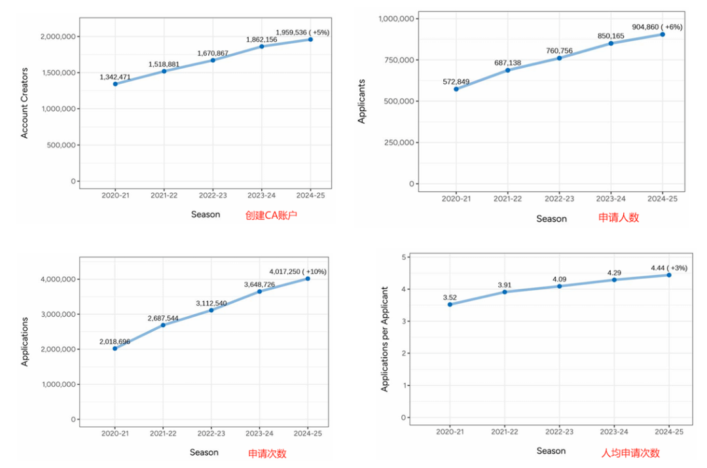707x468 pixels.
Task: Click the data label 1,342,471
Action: pyautogui.click(x=115, y=77)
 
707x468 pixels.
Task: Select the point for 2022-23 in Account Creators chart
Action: pyautogui.click(x=213, y=60)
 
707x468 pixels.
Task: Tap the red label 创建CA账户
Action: pyautogui.click(x=271, y=214)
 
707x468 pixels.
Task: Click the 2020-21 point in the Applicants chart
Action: pyautogui.click(x=456, y=89)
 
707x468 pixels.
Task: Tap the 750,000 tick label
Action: pyautogui.click(x=397, y=60)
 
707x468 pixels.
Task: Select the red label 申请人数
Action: pyautogui.click(x=619, y=218)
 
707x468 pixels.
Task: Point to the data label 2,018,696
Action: pyautogui.click(x=115, y=341)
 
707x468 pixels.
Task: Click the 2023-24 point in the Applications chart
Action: pyautogui.click(x=259, y=291)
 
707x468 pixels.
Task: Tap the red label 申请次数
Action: pyautogui.click(x=267, y=453)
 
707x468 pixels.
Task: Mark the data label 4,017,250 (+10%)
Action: pyautogui.click(x=298, y=271)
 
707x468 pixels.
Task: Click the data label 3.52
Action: pyautogui.click(x=450, y=297)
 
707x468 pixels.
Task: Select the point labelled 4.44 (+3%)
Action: pyautogui.click(x=669, y=275)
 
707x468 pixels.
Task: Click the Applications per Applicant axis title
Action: pyautogui.click(x=386, y=339)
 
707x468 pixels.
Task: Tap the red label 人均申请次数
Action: pyautogui.click(x=630, y=453)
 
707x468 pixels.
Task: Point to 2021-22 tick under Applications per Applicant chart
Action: pyautogui.click(x=505, y=432)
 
